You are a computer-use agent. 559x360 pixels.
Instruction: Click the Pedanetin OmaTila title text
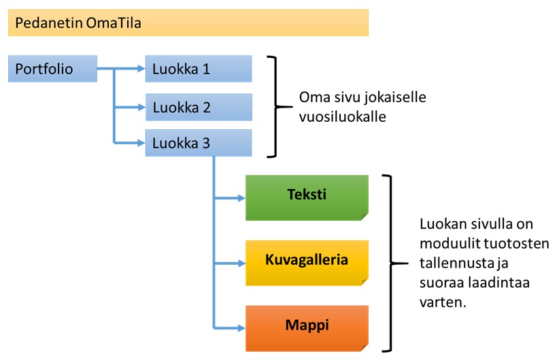pos(78,23)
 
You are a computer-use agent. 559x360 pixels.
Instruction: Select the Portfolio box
pos(53,69)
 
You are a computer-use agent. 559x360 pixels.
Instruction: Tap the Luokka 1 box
pos(199,69)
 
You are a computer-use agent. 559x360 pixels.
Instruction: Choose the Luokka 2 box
pos(199,108)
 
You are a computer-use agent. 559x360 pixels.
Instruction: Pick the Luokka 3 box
pos(199,143)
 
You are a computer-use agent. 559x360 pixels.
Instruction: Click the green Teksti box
pos(307,197)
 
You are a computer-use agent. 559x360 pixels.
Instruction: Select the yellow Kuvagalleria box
pos(307,263)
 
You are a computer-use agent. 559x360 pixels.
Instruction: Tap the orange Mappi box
pos(307,328)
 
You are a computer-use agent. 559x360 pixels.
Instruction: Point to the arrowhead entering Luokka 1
pos(141,69)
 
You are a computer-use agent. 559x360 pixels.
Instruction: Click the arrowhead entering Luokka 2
pos(141,107)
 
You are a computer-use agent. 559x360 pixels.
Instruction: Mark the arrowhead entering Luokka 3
pos(141,143)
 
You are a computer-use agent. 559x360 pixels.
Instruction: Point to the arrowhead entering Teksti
pos(241,197)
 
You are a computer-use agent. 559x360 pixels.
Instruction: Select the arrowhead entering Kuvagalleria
pos(241,263)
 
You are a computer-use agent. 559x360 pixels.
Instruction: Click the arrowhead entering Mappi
pos(241,328)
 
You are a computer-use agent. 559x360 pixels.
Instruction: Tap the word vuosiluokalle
pos(342,116)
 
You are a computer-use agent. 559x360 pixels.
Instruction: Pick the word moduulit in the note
pos(447,244)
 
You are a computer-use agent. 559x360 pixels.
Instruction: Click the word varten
pos(443,303)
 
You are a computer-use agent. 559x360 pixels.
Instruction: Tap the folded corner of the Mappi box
pos(365,348)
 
